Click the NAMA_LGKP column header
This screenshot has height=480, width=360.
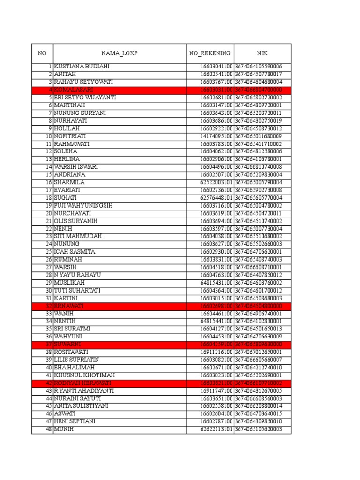[x=120, y=53]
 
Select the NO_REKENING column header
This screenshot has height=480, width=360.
[x=210, y=53]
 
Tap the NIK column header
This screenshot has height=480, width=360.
[x=262, y=53]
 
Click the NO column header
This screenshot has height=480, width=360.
[x=42, y=53]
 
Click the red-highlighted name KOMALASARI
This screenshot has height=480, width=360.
[x=73, y=90]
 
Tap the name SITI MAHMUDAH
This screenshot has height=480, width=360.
[x=78, y=237]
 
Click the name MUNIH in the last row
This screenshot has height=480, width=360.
[x=64, y=429]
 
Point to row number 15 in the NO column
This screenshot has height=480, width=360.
[x=48, y=175]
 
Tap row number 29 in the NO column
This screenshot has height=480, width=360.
[x=48, y=283]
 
